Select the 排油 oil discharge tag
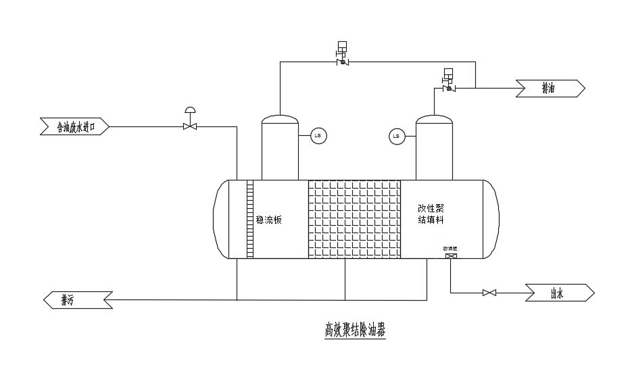pyautogui.click(x=550, y=89)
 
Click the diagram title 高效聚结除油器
pyautogui.click(x=354, y=331)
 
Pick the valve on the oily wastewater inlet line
pyautogui.click(x=190, y=125)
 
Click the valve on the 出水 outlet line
pyautogui.click(x=489, y=293)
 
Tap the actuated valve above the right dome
pyautogui.click(x=447, y=87)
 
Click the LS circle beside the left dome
pyautogui.click(x=318, y=137)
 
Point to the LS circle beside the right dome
pyautogui.click(x=396, y=137)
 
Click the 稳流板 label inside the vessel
pyautogui.click(x=268, y=219)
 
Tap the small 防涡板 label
pyautogui.click(x=451, y=249)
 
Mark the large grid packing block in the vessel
pyautogui.click(x=354, y=219)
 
